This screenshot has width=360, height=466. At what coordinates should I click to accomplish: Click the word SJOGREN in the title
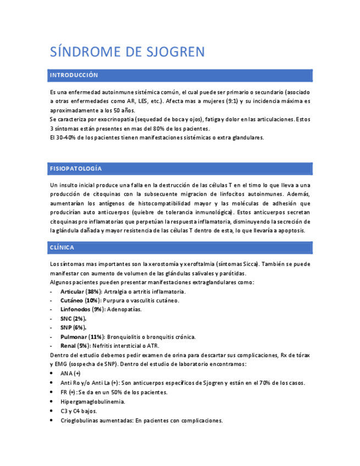[x=175, y=52]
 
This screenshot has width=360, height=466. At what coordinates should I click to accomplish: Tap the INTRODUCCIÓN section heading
[x=74, y=75]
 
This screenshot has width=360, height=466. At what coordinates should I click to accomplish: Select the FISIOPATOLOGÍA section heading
[x=76, y=168]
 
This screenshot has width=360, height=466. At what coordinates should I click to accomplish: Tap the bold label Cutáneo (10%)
[x=80, y=301]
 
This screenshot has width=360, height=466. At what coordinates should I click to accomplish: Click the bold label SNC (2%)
[x=74, y=319]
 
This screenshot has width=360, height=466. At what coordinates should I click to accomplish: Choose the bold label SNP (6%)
[x=74, y=328]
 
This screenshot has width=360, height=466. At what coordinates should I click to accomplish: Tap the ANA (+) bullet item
[x=70, y=373]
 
